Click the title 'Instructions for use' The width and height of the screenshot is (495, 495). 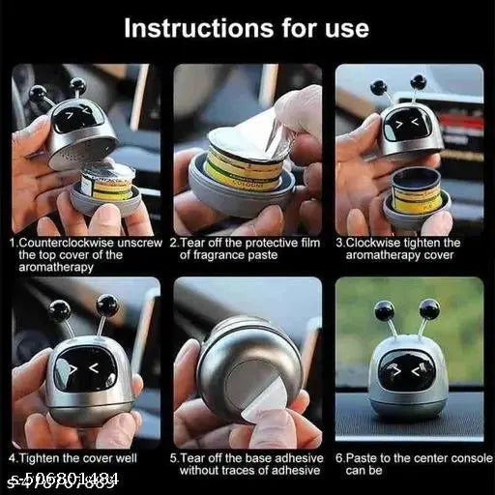tap(247, 27)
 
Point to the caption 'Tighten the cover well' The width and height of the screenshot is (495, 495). tap(73, 457)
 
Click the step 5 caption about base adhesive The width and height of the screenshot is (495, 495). tap(247, 463)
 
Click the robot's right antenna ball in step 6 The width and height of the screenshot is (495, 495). tap(429, 309)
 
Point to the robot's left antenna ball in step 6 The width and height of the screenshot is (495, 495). tap(385, 311)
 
